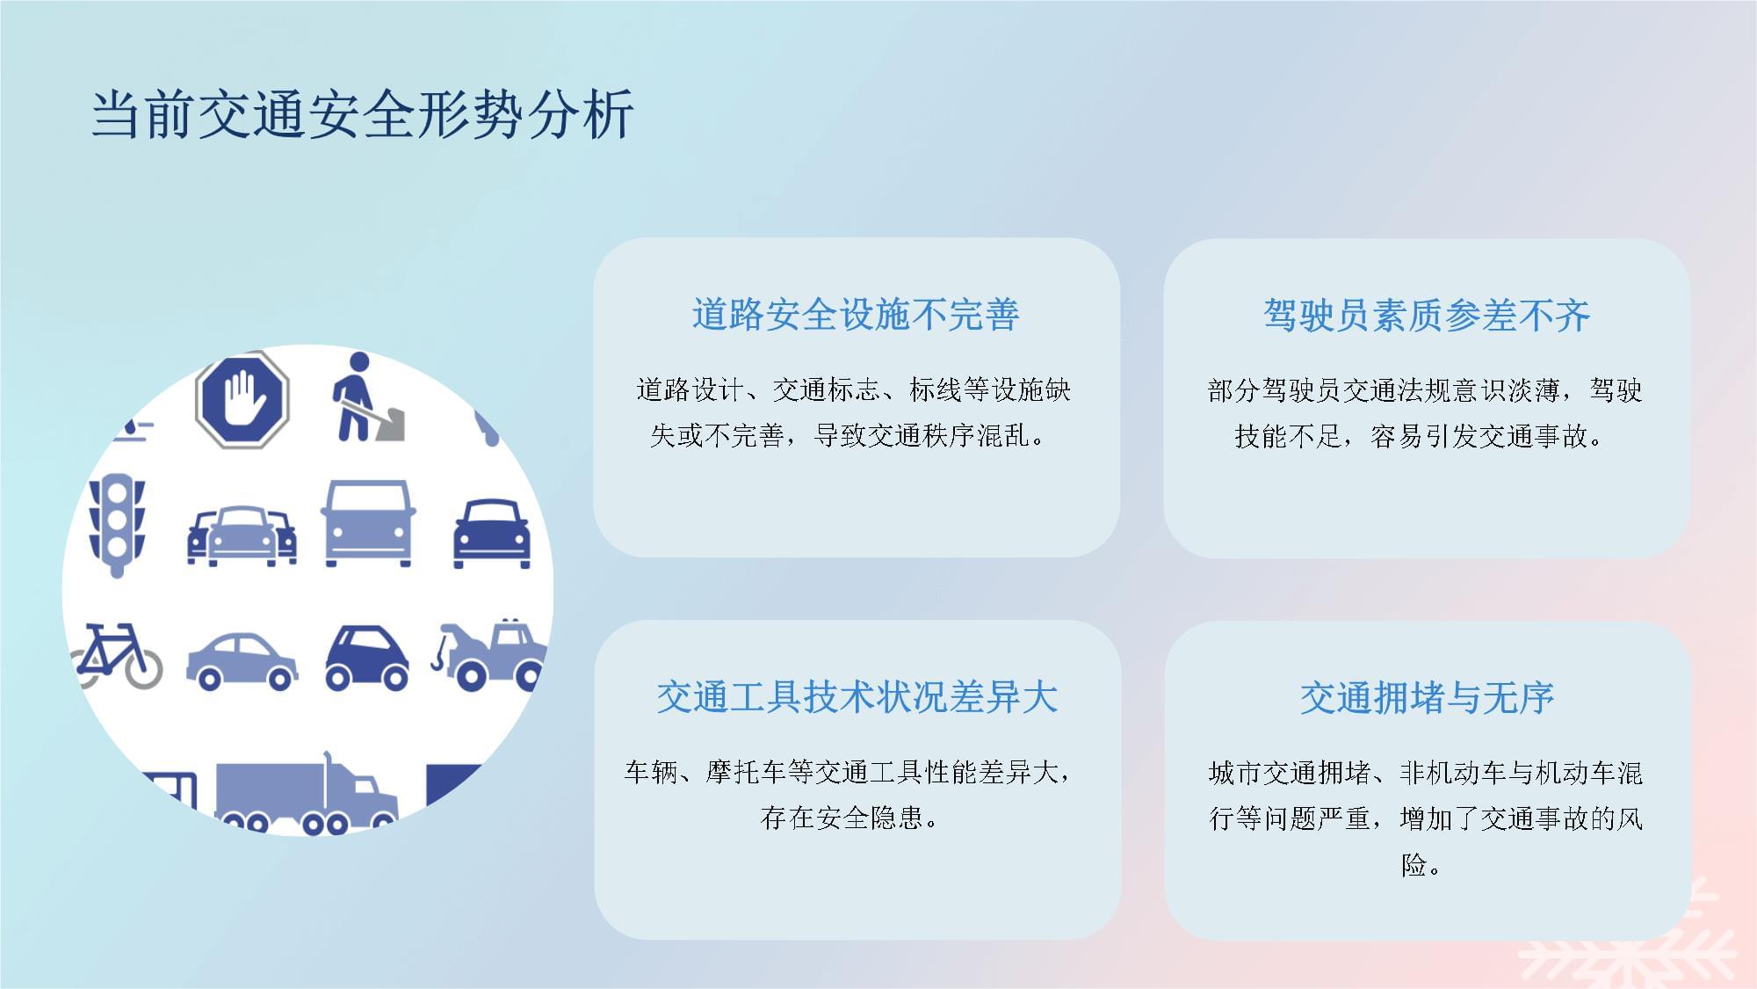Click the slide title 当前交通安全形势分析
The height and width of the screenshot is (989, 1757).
(362, 114)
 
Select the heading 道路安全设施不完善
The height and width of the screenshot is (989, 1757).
(856, 315)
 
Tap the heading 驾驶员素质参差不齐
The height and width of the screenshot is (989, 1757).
(1427, 316)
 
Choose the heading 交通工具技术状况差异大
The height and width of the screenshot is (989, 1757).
(857, 697)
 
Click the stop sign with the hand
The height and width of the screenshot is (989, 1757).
(242, 400)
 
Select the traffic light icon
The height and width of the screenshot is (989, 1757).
(117, 525)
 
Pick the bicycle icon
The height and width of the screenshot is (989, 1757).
(117, 656)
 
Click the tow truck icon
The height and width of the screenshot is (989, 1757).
(488, 654)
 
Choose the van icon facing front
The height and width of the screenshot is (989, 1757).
(368, 523)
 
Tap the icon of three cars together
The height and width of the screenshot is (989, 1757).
(242, 535)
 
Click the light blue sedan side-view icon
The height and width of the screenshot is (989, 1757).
(242, 660)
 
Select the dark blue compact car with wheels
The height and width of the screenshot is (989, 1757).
(367, 658)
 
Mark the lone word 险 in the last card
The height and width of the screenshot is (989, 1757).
(1414, 865)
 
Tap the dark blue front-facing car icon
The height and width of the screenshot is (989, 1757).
(492, 534)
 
